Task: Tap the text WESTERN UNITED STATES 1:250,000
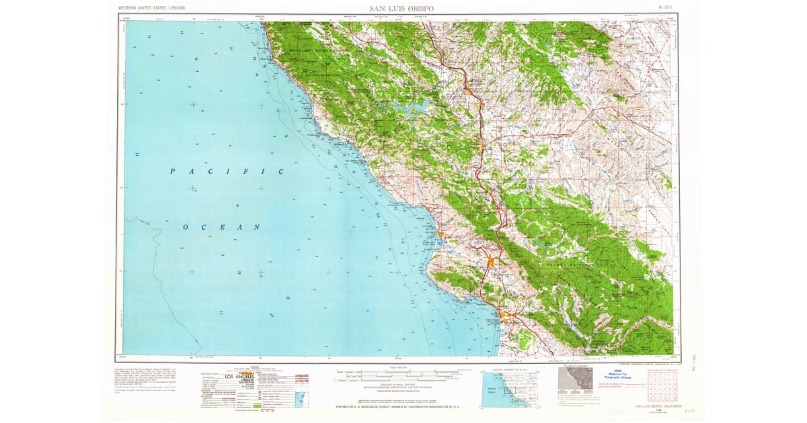[151, 8]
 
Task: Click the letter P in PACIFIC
[172, 172]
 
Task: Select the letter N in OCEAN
[256, 228]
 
